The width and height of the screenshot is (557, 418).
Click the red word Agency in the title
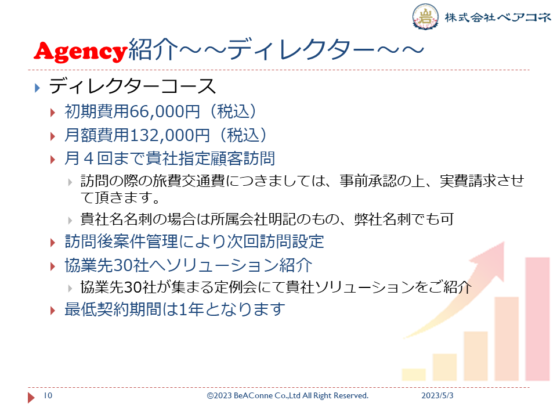click(x=81, y=51)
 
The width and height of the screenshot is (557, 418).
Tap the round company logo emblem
click(x=425, y=16)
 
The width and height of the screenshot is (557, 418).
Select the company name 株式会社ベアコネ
click(x=498, y=17)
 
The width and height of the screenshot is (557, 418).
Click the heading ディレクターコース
click(x=132, y=87)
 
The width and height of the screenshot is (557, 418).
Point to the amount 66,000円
click(x=165, y=111)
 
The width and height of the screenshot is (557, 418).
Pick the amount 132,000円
click(x=170, y=135)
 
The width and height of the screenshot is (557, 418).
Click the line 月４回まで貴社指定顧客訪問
click(x=170, y=158)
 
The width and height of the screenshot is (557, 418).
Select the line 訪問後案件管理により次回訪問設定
click(x=194, y=242)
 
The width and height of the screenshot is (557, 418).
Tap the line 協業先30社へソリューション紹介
click(x=189, y=265)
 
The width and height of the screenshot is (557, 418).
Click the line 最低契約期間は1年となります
click(x=175, y=309)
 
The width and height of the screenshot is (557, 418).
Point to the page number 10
click(x=48, y=395)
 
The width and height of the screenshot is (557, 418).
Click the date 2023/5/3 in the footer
click(x=437, y=395)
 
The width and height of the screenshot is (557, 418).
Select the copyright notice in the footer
click(x=288, y=395)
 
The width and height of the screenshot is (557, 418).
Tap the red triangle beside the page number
click(x=31, y=397)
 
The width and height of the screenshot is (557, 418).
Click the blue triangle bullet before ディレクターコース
click(x=37, y=88)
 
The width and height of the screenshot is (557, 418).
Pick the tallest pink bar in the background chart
click(x=537, y=319)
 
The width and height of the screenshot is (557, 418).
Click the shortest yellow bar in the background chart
click(x=414, y=374)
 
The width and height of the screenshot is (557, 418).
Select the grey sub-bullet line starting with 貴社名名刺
click(x=267, y=219)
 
